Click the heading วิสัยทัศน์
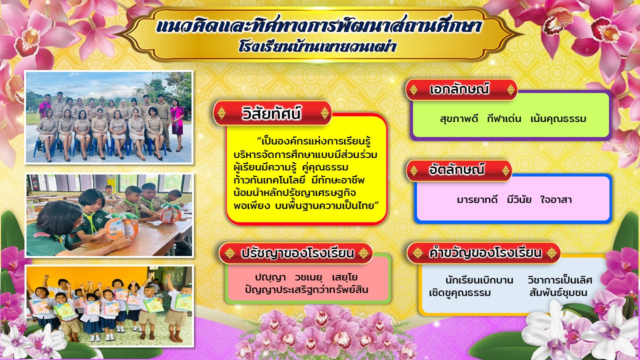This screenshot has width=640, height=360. (x=271, y=113)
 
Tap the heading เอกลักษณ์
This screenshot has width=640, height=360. (x=459, y=89)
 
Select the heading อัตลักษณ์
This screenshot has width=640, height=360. (x=456, y=169)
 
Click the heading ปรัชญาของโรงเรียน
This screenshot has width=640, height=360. (x=297, y=253)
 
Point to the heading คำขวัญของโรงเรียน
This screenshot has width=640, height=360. (x=485, y=253)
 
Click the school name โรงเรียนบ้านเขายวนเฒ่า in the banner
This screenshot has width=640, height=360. (x=317, y=46)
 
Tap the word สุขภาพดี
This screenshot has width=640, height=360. (x=459, y=118)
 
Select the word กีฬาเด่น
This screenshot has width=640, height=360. (x=504, y=118)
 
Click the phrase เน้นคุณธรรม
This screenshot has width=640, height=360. (x=558, y=118)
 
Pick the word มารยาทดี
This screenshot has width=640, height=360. (x=477, y=199)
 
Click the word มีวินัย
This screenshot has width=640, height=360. (x=519, y=199)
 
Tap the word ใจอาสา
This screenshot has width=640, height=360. (x=556, y=199)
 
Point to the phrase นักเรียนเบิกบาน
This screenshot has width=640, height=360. (x=479, y=280)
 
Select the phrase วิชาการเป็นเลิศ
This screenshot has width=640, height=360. (x=559, y=279)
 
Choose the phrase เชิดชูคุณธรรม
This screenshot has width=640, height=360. (x=460, y=293)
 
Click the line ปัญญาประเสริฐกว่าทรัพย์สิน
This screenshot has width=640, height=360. (x=306, y=289)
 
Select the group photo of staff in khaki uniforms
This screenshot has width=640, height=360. (x=109, y=117)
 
